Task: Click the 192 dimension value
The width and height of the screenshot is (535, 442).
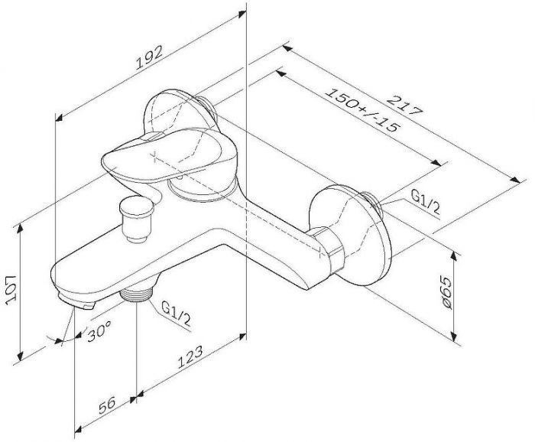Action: point(150,57)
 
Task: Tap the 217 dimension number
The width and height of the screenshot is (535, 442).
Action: point(404,106)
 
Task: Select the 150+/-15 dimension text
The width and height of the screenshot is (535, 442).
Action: point(362,111)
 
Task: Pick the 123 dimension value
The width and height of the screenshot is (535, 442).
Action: point(190,357)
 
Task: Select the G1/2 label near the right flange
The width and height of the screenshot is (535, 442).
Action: point(425,202)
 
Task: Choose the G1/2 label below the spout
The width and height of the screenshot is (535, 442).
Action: point(176,314)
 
